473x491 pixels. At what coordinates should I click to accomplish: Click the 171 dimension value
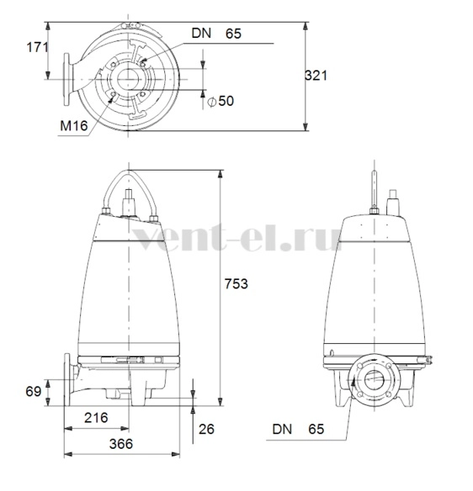[38, 47]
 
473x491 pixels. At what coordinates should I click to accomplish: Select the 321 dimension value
[316, 76]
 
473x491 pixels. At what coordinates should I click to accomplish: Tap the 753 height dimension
[236, 283]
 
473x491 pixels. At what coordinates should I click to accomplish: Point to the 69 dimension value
[34, 392]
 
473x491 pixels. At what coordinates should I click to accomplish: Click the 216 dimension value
[96, 417]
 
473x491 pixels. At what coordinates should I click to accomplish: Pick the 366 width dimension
[121, 444]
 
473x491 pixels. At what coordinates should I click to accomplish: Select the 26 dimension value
[206, 429]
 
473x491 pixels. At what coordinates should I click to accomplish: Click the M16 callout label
[74, 126]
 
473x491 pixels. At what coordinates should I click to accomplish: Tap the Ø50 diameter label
[221, 101]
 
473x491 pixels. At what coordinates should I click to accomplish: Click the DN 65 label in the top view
[216, 34]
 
